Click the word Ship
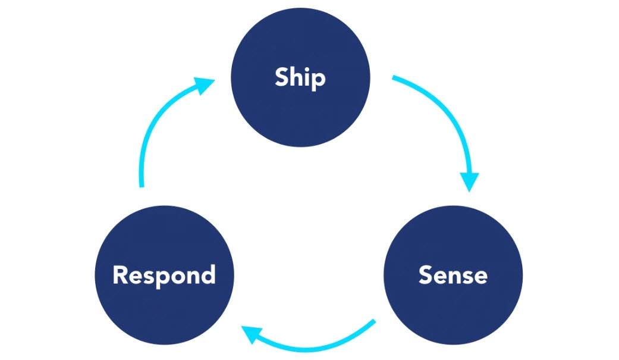(300, 78)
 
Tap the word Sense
(453, 275)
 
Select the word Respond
(164, 275)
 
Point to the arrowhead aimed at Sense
(470, 181)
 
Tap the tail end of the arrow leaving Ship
(394, 78)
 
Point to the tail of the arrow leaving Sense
(374, 322)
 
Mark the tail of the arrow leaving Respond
(142, 185)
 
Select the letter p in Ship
(319, 80)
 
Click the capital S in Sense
(426, 275)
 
